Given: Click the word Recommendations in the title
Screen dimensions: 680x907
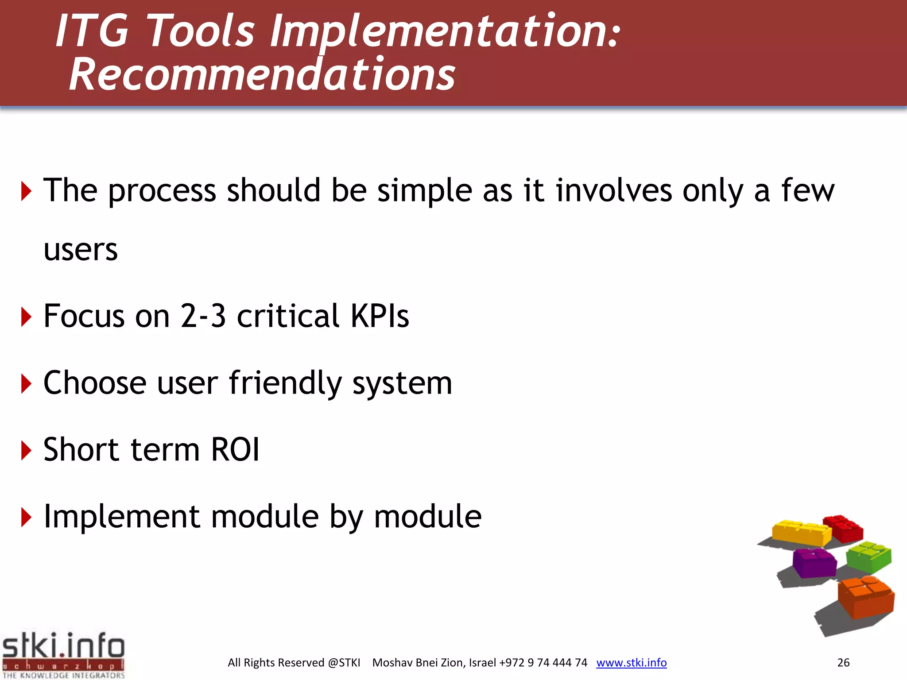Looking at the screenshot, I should click(262, 74).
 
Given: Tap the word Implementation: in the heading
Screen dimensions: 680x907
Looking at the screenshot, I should click(445, 31).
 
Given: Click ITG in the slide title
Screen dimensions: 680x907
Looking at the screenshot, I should click(92, 31).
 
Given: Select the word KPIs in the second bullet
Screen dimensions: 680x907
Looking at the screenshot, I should click(380, 316).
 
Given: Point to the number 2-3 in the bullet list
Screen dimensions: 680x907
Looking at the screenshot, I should click(203, 316).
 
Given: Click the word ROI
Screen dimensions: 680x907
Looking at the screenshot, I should click(235, 450).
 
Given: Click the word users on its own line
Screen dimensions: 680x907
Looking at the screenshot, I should click(81, 250).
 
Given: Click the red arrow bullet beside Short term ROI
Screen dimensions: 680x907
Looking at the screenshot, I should click(26, 451).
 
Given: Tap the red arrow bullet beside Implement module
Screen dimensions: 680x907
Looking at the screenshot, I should click(26, 518).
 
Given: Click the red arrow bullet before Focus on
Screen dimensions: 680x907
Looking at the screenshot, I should click(26, 317).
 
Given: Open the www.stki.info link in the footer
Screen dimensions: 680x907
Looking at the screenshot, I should click(631, 663).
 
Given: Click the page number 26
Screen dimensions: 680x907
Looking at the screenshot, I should click(843, 663).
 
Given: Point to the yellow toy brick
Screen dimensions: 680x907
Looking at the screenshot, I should click(802, 533).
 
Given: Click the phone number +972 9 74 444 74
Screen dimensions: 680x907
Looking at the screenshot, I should click(543, 663).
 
